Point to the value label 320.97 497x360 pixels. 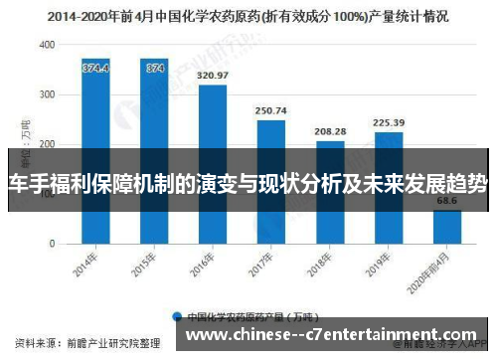coord(213,76)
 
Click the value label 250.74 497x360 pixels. coord(270,110)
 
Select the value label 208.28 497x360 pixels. coord(329,131)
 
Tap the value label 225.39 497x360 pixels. coord(388,122)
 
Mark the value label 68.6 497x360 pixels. coord(446,201)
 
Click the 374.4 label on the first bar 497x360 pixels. coord(95,69)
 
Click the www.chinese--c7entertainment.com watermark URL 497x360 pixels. coord(331,336)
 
